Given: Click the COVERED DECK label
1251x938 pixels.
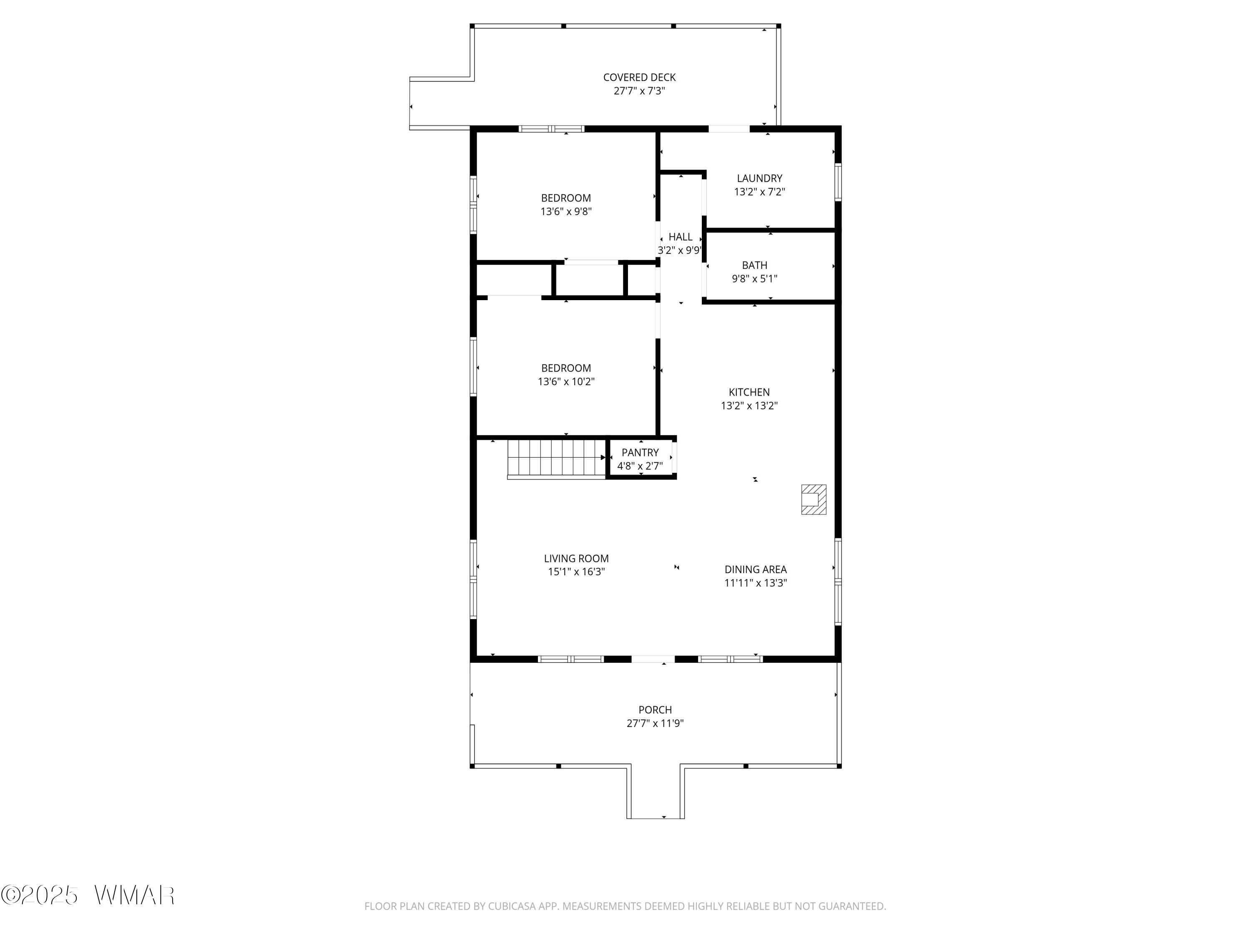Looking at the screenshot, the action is pyautogui.click(x=639, y=78).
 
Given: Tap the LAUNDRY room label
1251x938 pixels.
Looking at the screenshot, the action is pyautogui.click(x=759, y=178).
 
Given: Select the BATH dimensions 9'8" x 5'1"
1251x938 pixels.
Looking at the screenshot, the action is pyautogui.click(x=754, y=279).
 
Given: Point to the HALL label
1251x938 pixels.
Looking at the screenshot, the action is pyautogui.click(x=681, y=237).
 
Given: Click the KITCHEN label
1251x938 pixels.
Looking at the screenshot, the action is pyautogui.click(x=749, y=392).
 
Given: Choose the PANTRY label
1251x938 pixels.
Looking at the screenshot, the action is pyautogui.click(x=640, y=452).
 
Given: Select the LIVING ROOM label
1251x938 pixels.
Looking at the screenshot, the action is pyautogui.click(x=576, y=558).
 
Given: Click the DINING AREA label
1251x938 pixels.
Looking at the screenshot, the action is pyautogui.click(x=756, y=569).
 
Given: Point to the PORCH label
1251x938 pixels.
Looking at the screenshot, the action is pyautogui.click(x=655, y=710).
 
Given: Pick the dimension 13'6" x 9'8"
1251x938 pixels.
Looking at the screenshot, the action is pyautogui.click(x=566, y=211).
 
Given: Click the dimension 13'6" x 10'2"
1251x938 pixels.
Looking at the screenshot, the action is pyautogui.click(x=566, y=381).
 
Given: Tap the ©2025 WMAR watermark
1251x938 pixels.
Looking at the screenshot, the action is pyautogui.click(x=88, y=895).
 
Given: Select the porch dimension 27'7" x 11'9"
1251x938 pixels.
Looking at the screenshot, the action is pyautogui.click(x=655, y=723).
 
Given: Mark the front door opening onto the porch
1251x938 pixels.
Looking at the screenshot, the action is pyautogui.click(x=653, y=659).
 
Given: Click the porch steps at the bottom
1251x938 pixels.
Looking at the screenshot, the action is pyautogui.click(x=656, y=792).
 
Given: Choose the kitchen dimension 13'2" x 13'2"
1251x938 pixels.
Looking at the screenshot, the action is pyautogui.click(x=749, y=405).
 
